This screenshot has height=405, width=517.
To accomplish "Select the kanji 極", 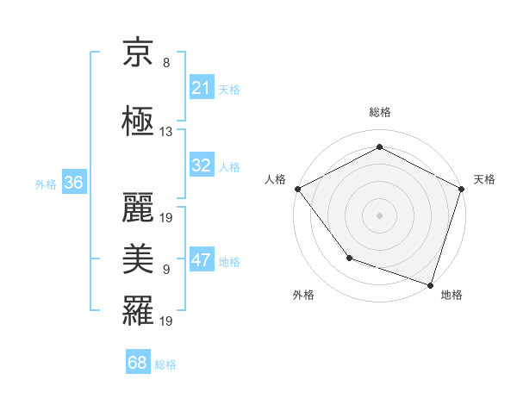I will coord(139,120).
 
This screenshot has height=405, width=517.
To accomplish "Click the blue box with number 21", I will coord(202,88).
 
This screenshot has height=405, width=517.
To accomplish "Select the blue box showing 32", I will coord(202,165).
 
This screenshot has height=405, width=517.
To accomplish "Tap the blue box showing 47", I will coord(202,260).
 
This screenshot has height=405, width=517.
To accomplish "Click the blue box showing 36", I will coord(73,183).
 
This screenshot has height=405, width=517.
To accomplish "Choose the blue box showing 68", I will coord(138,363).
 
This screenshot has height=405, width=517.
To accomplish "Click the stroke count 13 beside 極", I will coord(166,132).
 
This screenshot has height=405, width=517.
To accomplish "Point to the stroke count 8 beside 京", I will coord(166,63).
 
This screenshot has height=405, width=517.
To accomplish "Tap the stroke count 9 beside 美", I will coord(166,270).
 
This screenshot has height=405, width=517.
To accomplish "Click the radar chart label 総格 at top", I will coord(379,112).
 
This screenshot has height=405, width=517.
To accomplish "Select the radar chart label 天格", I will coord(485,179).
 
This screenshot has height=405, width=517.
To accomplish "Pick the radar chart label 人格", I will coord(276,179).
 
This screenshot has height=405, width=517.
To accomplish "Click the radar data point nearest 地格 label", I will coord(431,284).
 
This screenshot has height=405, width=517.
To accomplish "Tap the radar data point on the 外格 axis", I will coord(349,257).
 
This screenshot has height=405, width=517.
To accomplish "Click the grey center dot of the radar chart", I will coord(379,215).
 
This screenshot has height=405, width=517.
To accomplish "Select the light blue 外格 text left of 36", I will coord(46,184).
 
